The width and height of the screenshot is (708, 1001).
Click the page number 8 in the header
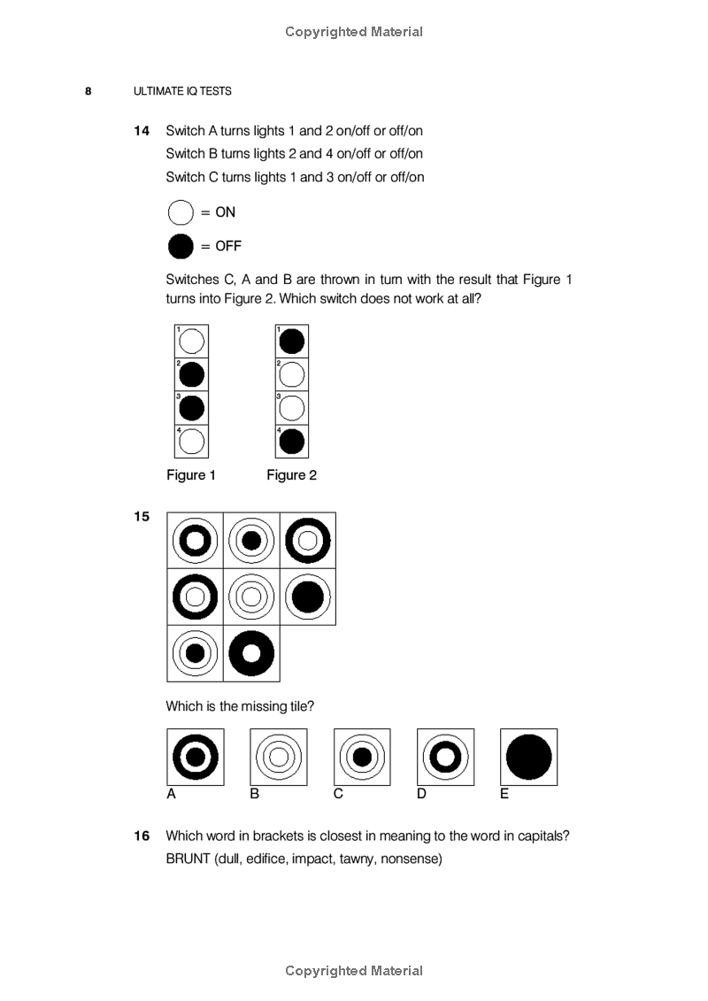coord(88,91)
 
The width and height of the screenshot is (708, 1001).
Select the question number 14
coord(142,131)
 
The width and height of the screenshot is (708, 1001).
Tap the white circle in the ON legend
coord(181,212)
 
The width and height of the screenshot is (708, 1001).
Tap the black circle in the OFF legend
coord(181,246)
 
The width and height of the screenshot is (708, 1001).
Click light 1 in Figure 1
coord(192,341)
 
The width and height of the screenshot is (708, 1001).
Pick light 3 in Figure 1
coord(192,408)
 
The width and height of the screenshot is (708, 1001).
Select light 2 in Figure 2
coord(292,374)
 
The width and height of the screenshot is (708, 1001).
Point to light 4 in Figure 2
coord(292,441)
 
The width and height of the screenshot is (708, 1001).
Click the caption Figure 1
coord(191,475)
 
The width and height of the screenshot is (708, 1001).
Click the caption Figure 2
coord(291,475)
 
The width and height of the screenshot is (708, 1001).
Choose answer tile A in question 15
coord(196,757)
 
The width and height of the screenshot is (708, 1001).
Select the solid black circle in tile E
coord(528,757)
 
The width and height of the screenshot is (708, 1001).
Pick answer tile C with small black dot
coord(362,757)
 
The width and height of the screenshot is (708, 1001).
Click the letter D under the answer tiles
coord(421,794)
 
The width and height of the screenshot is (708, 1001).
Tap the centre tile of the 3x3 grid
coord(251,597)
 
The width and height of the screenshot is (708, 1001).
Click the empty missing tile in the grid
coord(308,653)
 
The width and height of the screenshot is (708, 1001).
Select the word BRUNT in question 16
coord(187,859)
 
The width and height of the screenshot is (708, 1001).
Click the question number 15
coord(142,517)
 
